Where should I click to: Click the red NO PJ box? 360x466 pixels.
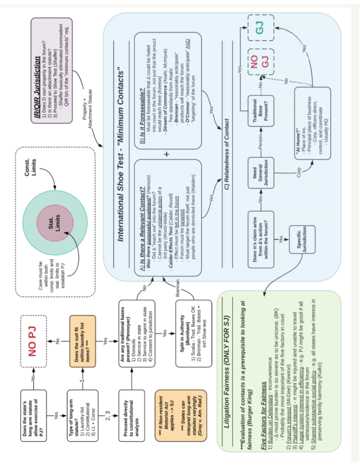coord(33,341)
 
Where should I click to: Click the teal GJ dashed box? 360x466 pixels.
coord(260,28)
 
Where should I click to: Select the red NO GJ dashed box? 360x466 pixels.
coord(260,62)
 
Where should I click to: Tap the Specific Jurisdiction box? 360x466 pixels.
coord(302,239)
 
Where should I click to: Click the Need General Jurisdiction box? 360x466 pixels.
coord(260,173)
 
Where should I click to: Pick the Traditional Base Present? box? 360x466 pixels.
coord(260,111)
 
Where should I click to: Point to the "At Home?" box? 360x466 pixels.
coord(312,123)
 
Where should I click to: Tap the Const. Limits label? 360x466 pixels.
coord(30,167)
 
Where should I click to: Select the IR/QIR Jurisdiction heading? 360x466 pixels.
coord(37,87)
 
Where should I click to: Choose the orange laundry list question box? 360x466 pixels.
coord(82,341)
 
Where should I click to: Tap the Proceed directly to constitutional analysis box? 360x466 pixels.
coord(131,415)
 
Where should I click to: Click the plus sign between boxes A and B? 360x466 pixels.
coord(166,154)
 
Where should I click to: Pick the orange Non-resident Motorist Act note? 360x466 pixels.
coord(181,415)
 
